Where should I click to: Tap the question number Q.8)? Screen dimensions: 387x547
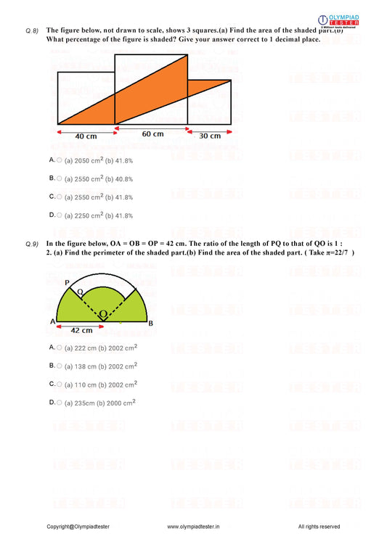[x=32, y=30]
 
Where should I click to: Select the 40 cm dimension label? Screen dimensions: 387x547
[x=86, y=136]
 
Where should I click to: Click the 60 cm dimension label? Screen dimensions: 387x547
[x=152, y=134]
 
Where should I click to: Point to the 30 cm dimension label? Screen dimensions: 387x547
[x=210, y=136]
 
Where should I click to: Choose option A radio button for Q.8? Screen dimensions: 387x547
[x=60, y=160]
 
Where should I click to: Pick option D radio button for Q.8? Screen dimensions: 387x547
[x=60, y=215]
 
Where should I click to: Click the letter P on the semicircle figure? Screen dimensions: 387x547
[x=66, y=282]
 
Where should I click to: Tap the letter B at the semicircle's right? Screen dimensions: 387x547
[x=150, y=324]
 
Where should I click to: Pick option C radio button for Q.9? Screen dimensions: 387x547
[x=60, y=384]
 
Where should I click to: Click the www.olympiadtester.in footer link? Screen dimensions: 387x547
[x=193, y=527]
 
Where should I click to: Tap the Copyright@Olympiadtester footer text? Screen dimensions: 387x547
[x=82, y=527]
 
